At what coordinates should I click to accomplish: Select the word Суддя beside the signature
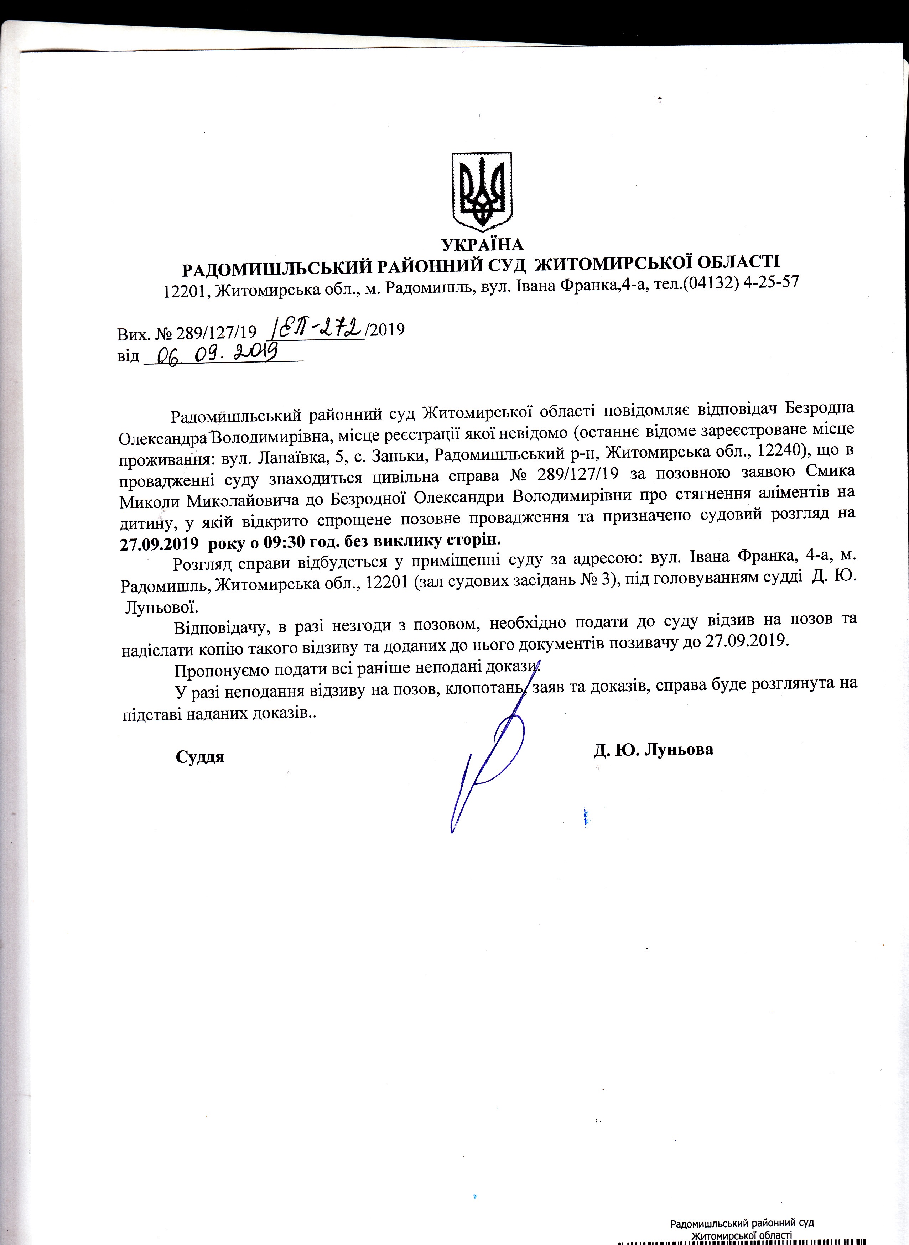(200, 756)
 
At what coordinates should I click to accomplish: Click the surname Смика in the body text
(831, 472)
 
